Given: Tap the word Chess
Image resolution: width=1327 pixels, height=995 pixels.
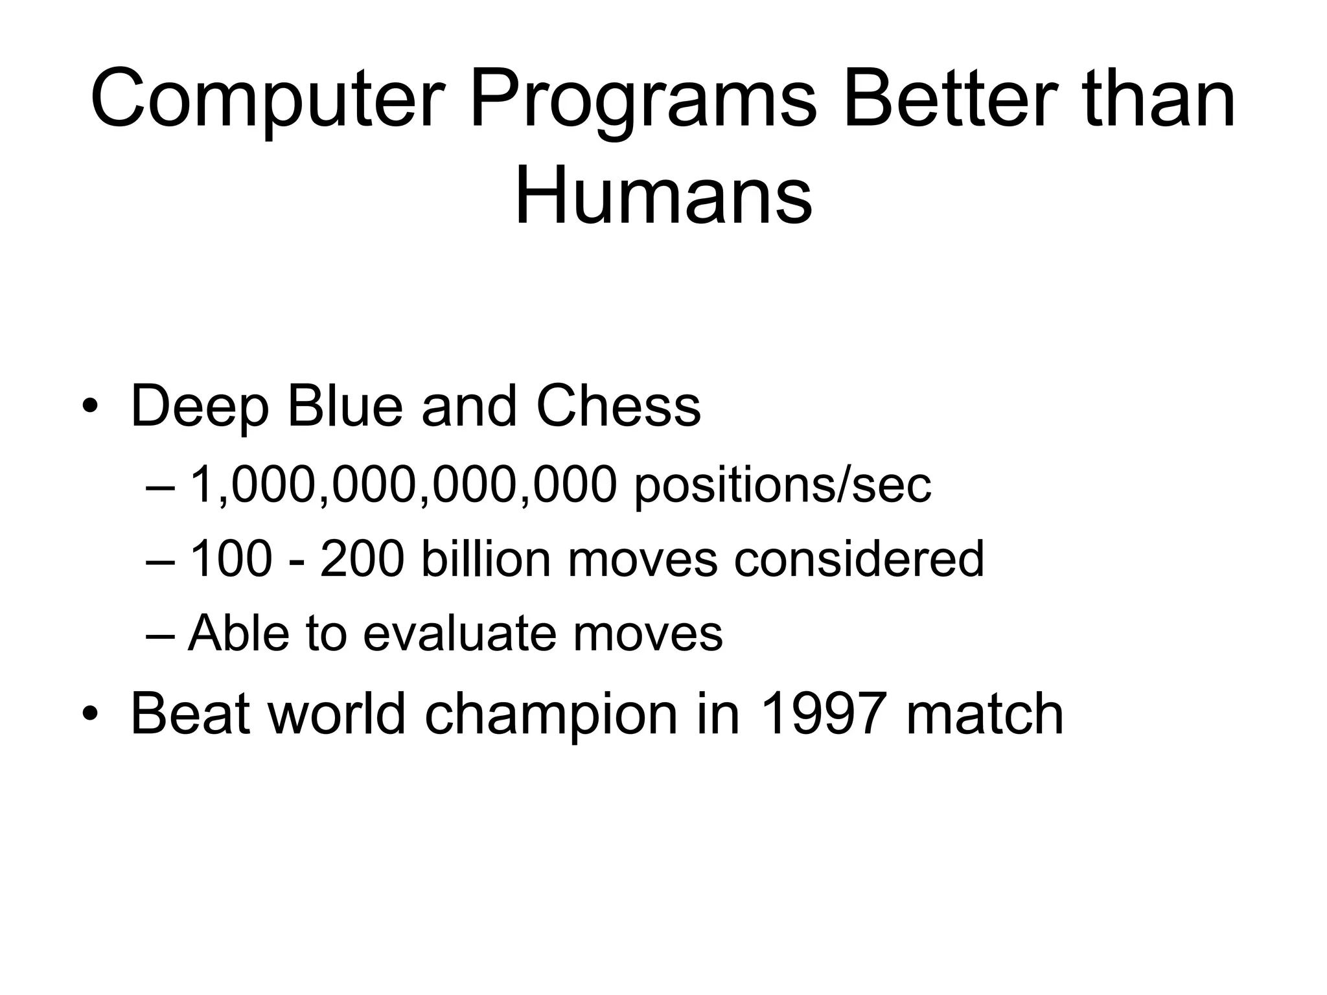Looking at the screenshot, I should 618,406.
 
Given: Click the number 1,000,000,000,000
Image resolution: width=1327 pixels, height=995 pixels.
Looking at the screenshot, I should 402,485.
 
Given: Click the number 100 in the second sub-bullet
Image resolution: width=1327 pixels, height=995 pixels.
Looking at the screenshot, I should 229,559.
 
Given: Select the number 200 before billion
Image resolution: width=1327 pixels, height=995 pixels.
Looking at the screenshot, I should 362,559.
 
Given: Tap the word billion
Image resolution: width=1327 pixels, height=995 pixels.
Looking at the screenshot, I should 485,559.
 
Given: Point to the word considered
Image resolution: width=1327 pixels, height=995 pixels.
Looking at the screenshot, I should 859,559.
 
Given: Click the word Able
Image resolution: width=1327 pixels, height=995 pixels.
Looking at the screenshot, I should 238,633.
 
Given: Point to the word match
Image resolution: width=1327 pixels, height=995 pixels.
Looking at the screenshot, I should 984,714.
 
